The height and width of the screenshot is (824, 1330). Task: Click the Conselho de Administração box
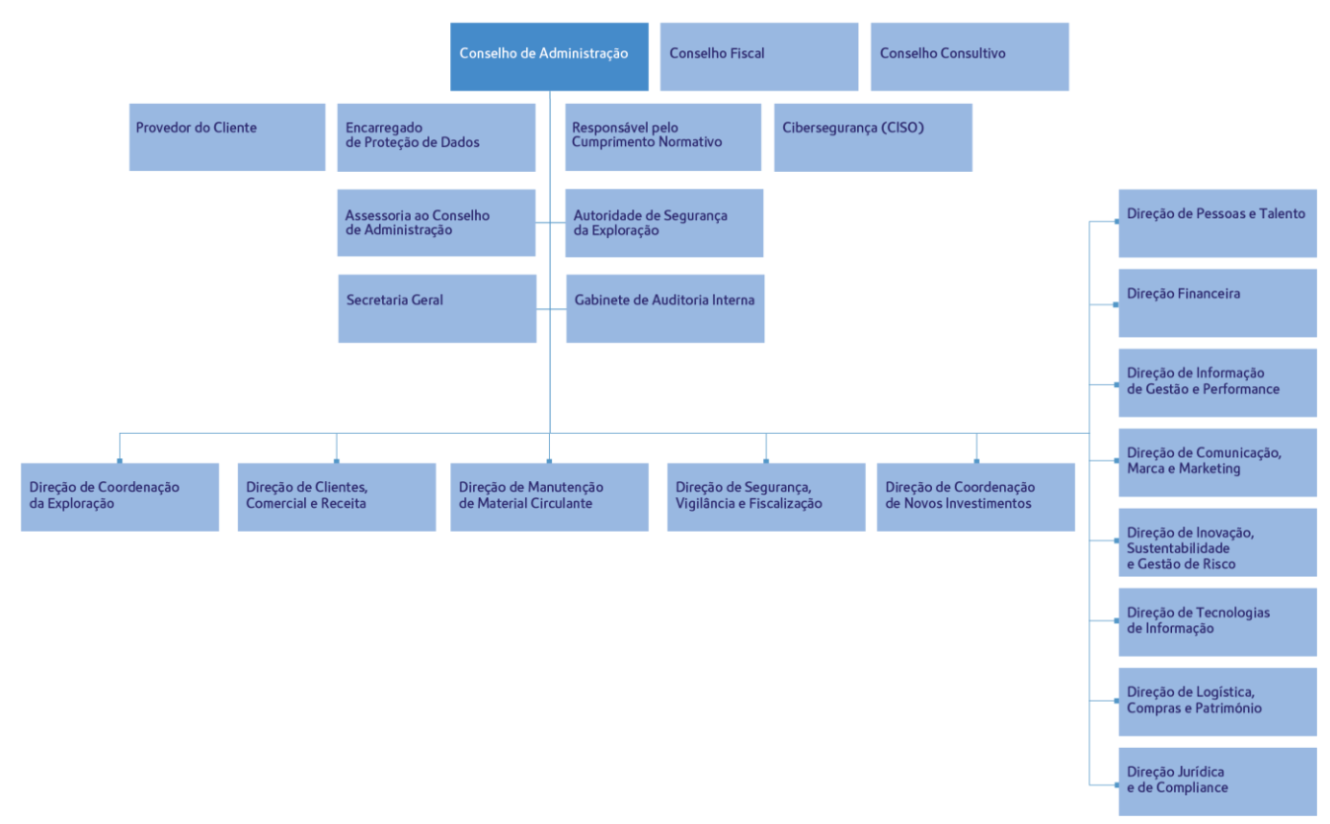click(x=549, y=56)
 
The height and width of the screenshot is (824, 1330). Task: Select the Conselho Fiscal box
click(x=759, y=56)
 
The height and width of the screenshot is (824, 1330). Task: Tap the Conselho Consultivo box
click(x=970, y=56)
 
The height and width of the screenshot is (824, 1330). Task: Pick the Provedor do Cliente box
click(x=227, y=137)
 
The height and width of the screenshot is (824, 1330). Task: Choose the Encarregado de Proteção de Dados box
click(x=436, y=138)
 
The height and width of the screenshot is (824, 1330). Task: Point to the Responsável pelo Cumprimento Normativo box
click(x=664, y=137)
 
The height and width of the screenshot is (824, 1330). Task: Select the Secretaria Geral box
click(x=437, y=308)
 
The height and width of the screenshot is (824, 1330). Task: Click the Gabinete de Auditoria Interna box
click(x=665, y=308)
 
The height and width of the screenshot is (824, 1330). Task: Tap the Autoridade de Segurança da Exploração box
click(x=665, y=222)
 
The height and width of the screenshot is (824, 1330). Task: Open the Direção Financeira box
click(x=1217, y=303)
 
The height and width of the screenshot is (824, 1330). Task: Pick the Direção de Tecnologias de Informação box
click(x=1217, y=622)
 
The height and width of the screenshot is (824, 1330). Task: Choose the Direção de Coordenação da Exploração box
click(x=119, y=497)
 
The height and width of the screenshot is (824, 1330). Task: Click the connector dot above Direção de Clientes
click(x=337, y=461)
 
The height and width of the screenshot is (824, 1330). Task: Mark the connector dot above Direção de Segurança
click(x=766, y=461)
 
